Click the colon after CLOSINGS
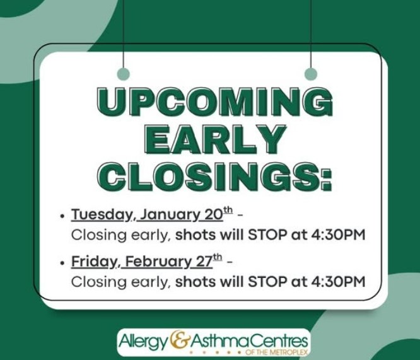pos(325,178)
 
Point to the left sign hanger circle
pos(124,74)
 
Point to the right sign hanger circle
pos(310,74)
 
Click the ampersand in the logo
pos(180,340)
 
